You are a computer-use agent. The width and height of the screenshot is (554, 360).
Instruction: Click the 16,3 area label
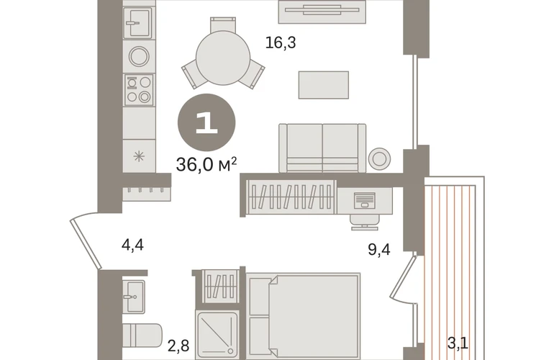click(281, 42)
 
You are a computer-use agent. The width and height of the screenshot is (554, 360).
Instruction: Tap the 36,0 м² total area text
click(206, 164)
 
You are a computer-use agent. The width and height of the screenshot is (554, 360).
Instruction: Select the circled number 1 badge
click(206, 122)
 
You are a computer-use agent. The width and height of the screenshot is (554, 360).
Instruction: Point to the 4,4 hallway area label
click(132, 245)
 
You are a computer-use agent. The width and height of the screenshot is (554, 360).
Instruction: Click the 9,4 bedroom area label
click(379, 249)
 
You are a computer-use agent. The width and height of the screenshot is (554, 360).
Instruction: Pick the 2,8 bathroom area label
click(178, 346)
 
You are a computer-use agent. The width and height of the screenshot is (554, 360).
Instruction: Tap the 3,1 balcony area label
click(458, 343)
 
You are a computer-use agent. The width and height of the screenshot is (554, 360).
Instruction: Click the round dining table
click(223, 58)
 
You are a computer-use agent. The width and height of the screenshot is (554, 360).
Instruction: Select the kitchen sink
click(137, 22)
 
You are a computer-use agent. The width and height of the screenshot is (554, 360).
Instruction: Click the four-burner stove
click(139, 89)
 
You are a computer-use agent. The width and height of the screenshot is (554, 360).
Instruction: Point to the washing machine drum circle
click(139, 56)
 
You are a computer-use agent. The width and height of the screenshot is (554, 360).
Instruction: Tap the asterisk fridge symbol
click(139, 156)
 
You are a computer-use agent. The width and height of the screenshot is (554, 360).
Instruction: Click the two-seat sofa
click(322, 148)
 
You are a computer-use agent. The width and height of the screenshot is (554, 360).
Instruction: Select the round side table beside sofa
click(379, 158)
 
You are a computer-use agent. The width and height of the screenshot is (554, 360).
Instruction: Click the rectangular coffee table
click(324, 85)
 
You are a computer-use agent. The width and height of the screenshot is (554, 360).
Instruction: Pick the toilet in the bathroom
click(142, 336)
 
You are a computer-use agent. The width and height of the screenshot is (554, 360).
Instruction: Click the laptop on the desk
click(365, 200)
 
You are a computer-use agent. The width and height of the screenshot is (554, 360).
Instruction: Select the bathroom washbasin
click(135, 297)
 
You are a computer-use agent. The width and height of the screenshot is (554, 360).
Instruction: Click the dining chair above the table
click(223, 24)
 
